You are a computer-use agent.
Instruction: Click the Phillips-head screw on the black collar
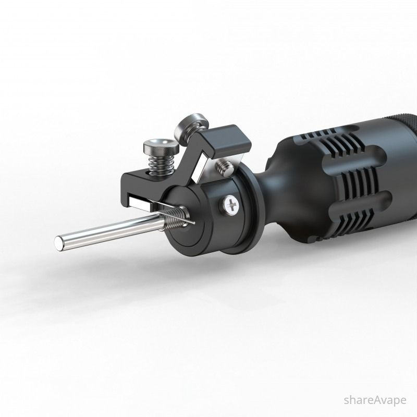231,204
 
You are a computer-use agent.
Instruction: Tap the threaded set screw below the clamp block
225,168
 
